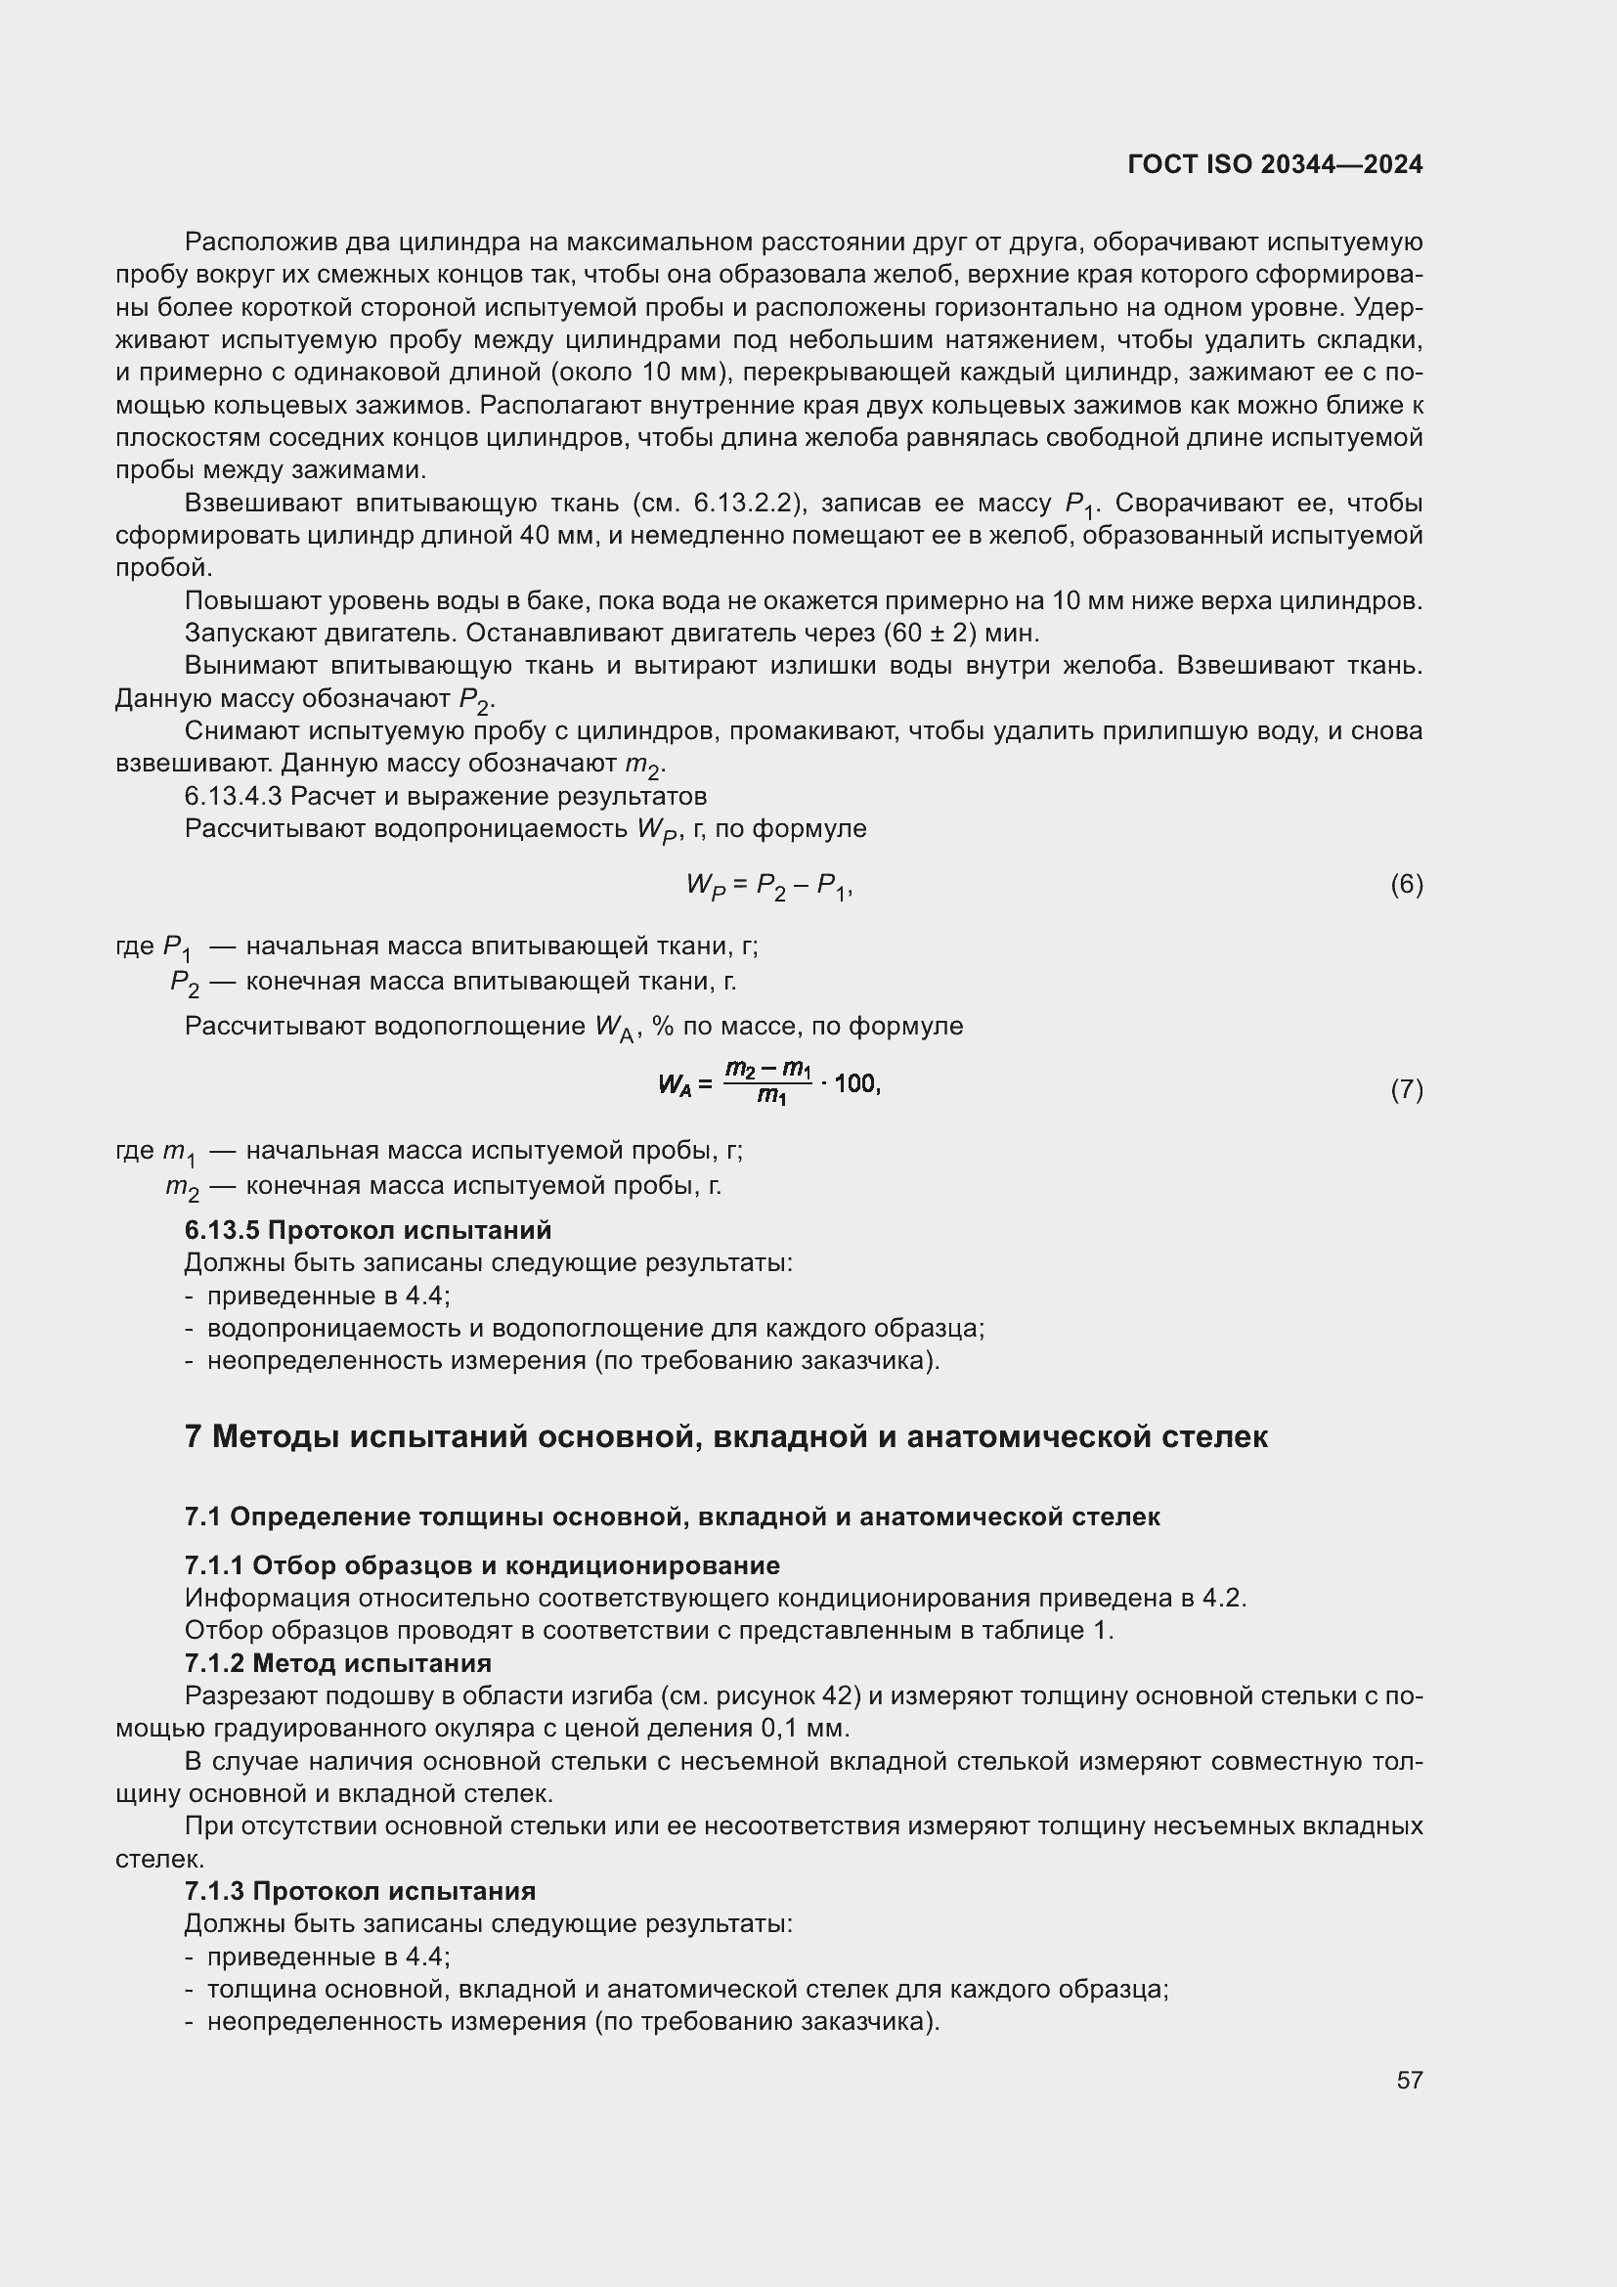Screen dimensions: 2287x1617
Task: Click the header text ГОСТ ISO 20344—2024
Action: (x=1275, y=164)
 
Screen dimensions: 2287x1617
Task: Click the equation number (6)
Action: (x=1406, y=884)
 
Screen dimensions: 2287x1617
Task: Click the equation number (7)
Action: (x=1406, y=1089)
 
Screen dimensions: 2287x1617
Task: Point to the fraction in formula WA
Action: (x=767, y=1082)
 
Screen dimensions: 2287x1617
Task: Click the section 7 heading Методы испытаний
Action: (x=725, y=1437)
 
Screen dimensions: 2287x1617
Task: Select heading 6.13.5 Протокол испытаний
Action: (x=368, y=1230)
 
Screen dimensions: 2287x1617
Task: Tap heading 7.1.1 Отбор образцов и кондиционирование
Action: (x=482, y=1564)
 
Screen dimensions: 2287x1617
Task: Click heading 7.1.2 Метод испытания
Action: (x=337, y=1662)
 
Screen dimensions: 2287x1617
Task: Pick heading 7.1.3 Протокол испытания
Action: (x=360, y=1891)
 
